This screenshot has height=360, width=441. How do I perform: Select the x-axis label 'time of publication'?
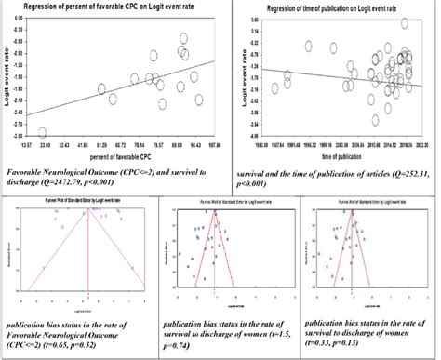click(x=330, y=158)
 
